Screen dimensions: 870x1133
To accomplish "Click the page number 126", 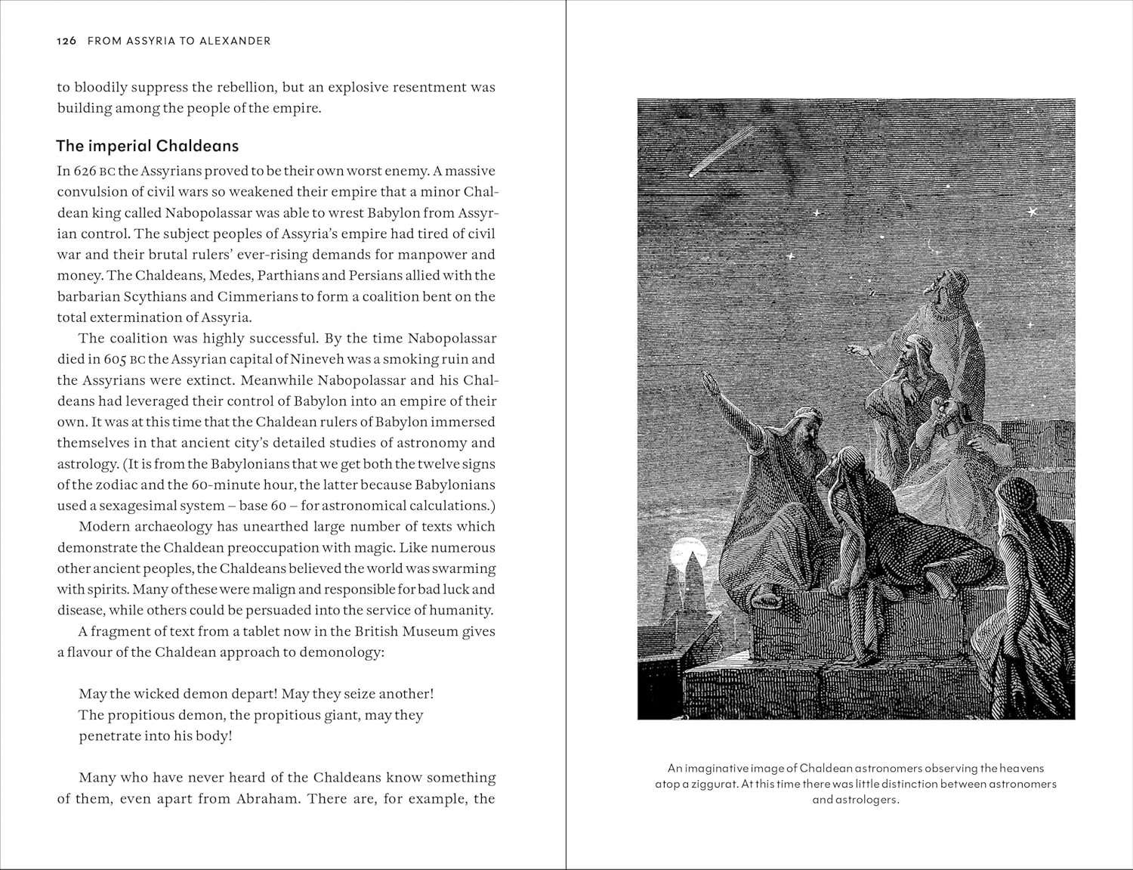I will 66,41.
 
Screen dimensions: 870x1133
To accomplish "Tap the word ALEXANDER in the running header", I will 235,41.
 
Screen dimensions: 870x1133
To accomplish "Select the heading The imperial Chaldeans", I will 148,146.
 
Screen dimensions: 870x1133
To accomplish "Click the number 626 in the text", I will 85,171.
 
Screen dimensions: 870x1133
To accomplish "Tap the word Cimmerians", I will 255,296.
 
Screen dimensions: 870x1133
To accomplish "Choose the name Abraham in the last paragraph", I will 264,798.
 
